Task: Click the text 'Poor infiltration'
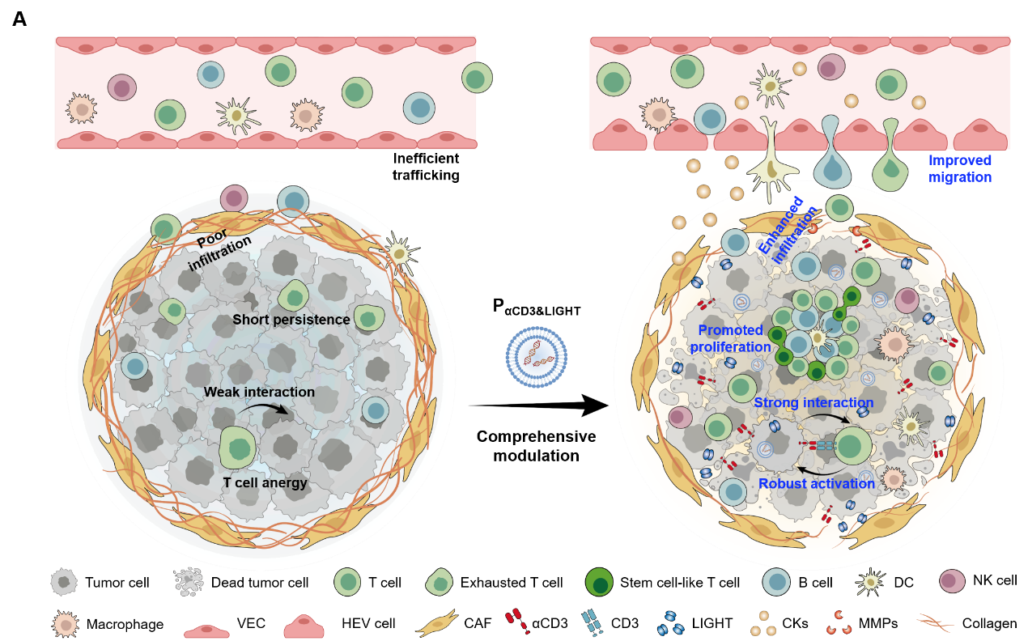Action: coord(220,251)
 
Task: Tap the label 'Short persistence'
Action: coord(291,320)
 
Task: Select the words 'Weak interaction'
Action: coord(259,393)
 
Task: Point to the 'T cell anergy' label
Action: coord(265,483)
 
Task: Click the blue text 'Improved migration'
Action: coord(960,169)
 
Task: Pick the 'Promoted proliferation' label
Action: coord(730,338)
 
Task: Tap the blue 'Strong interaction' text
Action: coord(813,403)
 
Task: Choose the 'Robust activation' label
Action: coord(816,484)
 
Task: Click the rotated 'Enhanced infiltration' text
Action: coord(782,231)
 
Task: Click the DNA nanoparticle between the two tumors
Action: coord(537,356)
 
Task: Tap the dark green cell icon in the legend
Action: coord(599,582)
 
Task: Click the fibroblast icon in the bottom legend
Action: coord(438,623)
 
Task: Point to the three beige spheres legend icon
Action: coord(763,623)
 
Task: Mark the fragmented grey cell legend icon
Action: coord(189,580)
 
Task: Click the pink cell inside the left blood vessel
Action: coord(122,87)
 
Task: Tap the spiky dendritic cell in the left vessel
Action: coord(236,116)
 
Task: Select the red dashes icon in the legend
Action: coord(516,622)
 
